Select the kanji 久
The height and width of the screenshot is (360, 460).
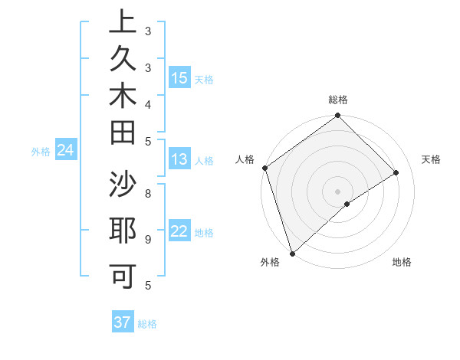123,60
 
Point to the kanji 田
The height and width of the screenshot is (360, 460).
123,132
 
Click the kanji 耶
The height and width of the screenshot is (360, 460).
123,231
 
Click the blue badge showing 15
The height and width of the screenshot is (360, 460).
179,78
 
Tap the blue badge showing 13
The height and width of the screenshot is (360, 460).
179,160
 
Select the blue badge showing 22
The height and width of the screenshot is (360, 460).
179,232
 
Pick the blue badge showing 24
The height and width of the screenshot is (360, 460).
66,151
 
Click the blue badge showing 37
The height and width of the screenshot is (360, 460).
123,322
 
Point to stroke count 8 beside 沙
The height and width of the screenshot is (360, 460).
147,193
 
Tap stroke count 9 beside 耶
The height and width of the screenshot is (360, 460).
147,239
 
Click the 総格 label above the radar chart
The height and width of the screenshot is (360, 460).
337,100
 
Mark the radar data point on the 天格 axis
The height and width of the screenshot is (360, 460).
396,172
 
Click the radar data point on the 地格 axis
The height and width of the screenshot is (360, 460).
347,204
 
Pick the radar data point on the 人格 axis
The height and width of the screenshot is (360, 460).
264,168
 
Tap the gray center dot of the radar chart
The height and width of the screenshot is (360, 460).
337,191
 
